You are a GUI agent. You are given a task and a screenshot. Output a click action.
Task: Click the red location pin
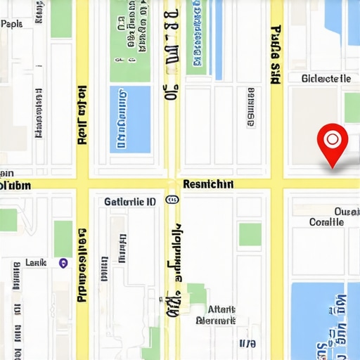click(332, 140)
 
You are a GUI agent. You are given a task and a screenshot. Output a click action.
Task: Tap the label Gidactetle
click(326, 79)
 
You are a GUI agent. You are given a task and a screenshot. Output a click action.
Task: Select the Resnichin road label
click(207, 184)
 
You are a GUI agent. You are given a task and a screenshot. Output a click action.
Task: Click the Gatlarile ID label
click(130, 201)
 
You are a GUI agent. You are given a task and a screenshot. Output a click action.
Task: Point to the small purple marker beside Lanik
click(63, 263)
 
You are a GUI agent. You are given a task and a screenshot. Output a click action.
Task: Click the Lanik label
click(36, 262)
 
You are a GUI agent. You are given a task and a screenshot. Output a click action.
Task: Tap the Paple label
click(11, 24)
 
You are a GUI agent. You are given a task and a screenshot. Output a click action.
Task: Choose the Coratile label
click(327, 221)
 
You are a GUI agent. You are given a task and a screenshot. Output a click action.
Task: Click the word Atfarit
click(222, 309)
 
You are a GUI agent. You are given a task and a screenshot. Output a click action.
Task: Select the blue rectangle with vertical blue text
click(130, 119)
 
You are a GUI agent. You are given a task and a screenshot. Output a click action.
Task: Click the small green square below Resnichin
click(250, 234)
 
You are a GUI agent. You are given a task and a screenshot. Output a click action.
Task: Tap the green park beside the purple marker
click(63, 238)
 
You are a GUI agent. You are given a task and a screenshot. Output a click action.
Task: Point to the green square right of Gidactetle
click(352, 107)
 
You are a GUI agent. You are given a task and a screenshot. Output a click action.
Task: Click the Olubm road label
click(15, 186)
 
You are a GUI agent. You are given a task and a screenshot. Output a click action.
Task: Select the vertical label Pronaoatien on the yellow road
click(82, 264)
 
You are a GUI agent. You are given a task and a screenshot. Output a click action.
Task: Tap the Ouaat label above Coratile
click(347, 211)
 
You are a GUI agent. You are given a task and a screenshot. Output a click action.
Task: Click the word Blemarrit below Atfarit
click(216, 321)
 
